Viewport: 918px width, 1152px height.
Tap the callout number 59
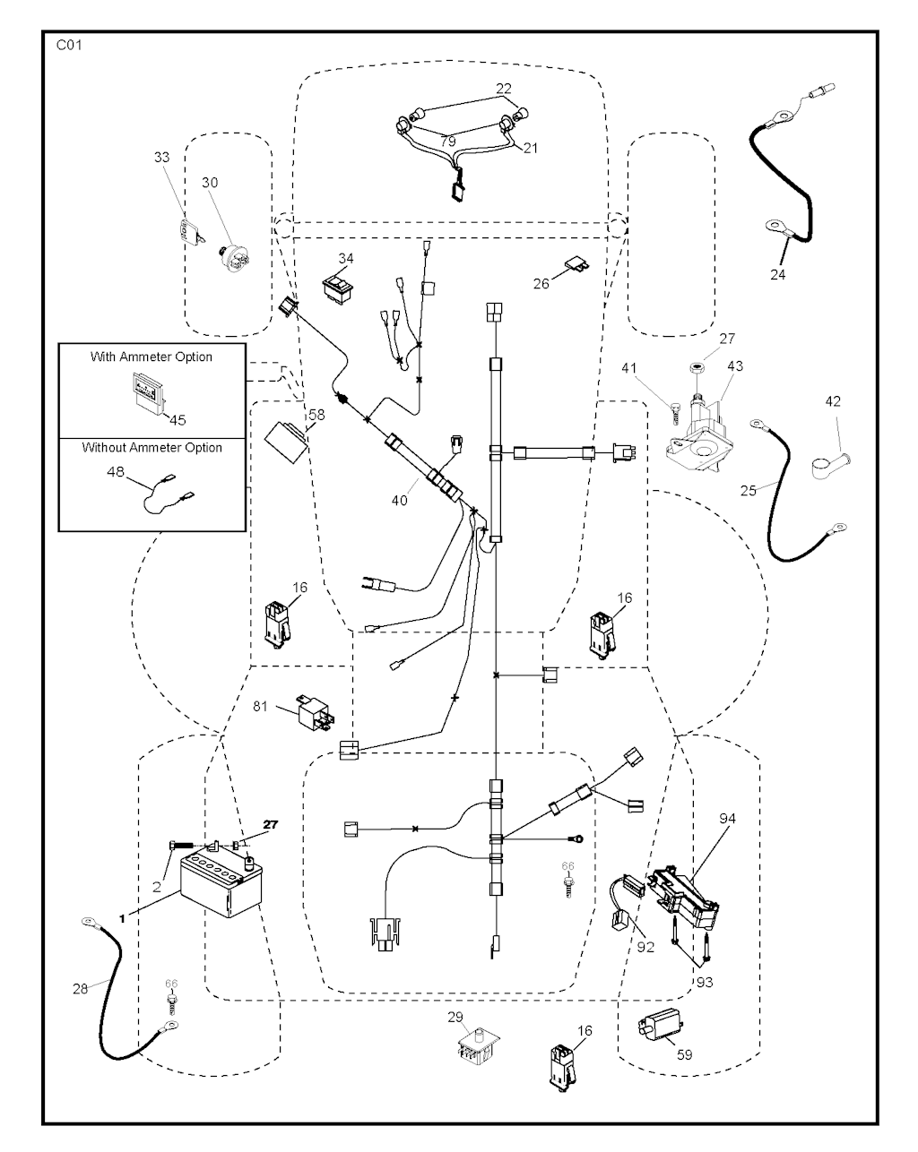click(x=684, y=1055)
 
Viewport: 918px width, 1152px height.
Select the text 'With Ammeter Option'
click(x=152, y=357)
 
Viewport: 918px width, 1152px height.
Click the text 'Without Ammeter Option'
click(x=152, y=447)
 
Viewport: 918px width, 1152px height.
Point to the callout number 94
click(x=726, y=818)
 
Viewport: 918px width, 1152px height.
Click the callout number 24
click(x=777, y=275)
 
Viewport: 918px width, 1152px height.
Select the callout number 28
click(x=81, y=988)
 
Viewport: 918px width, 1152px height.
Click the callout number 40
click(x=399, y=500)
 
